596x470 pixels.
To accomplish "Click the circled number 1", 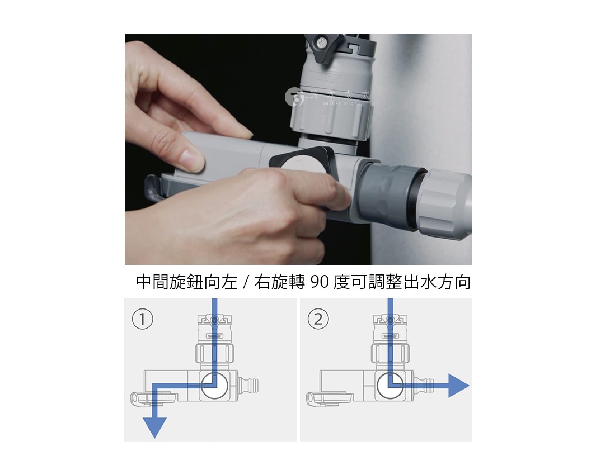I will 142,319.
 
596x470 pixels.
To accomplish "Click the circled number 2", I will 318,319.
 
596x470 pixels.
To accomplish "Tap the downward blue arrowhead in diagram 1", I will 155,427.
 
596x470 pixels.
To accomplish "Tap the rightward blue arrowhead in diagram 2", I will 457,386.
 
